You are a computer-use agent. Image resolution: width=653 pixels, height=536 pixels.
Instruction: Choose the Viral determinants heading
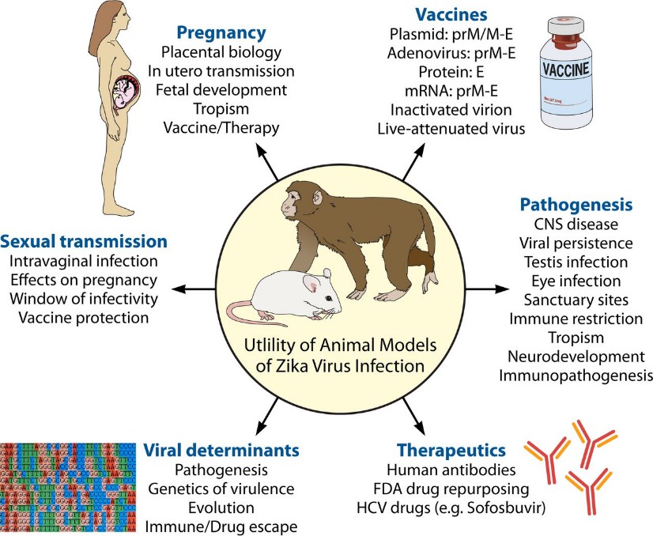(221, 450)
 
